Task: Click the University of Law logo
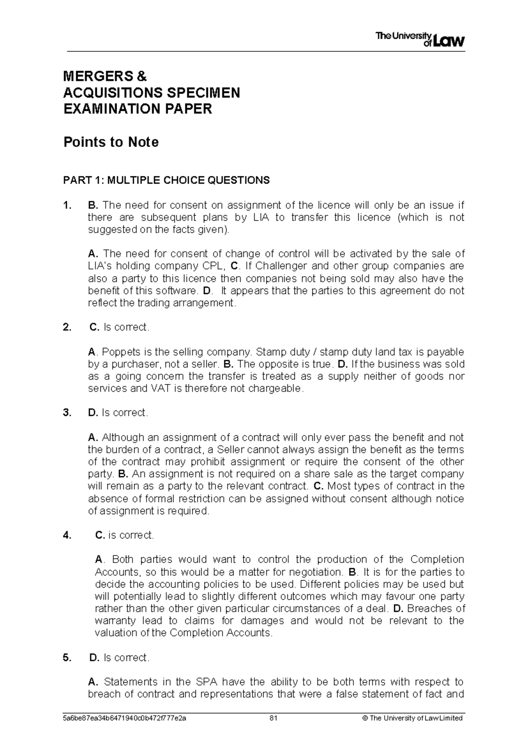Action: (x=420, y=40)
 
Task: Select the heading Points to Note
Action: (x=111, y=143)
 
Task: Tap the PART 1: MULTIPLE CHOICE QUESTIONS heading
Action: (x=166, y=180)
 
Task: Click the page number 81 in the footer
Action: (x=273, y=718)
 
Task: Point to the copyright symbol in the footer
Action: (x=364, y=718)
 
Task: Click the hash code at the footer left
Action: (x=125, y=718)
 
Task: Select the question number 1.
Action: (x=66, y=205)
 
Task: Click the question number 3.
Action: (x=66, y=413)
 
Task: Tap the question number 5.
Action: (x=66, y=658)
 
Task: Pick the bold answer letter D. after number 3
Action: (x=93, y=413)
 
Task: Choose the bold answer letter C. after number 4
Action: (x=100, y=535)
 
